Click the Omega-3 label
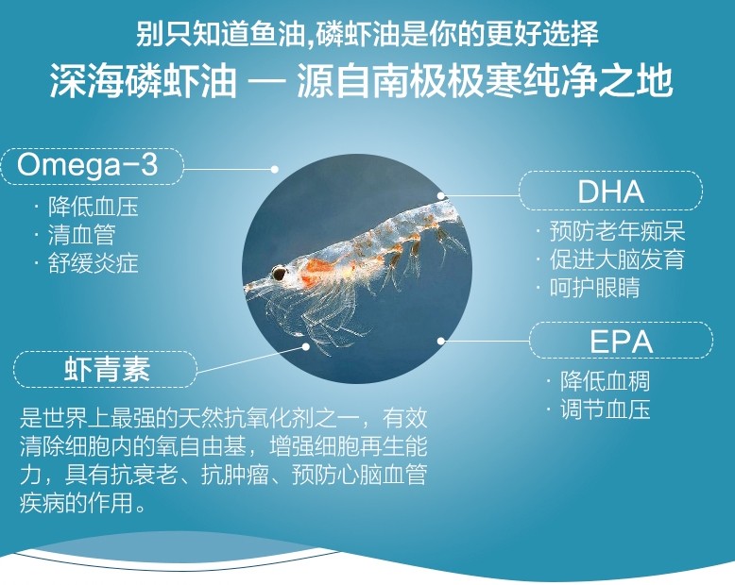88,165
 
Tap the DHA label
610,192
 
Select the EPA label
621,343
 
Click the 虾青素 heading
107,369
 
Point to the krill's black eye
280,273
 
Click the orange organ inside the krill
314,273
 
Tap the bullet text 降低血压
93,207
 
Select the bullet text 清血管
81,235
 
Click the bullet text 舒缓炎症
93,263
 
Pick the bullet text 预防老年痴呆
617,231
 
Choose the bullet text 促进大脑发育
617,259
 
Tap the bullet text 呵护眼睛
595,288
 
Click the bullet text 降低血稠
606,381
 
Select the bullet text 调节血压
606,409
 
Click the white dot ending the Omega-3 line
275,169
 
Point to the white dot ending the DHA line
440,195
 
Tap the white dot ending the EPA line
440,341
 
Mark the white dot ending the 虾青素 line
306,346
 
